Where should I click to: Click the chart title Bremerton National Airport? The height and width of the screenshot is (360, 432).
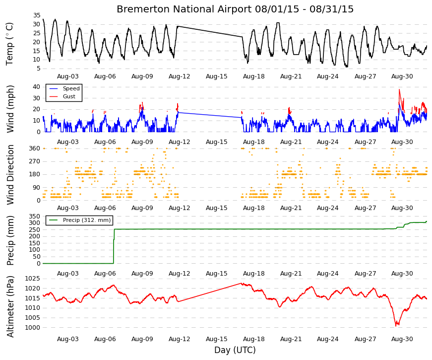tap(184, 9)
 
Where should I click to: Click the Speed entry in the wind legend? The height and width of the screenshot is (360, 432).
tap(71, 88)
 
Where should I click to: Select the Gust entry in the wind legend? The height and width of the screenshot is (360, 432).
tap(69, 96)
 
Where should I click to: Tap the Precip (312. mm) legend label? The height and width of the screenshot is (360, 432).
tap(87, 220)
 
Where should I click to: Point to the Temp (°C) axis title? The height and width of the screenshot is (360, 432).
tap(9, 44)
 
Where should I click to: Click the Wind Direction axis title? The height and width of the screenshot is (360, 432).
tap(10, 175)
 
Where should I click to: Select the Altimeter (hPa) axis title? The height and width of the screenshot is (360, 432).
tap(10, 306)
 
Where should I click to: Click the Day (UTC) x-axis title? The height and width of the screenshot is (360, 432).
tap(235, 350)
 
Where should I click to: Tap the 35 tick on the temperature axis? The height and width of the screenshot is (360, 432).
tap(37, 15)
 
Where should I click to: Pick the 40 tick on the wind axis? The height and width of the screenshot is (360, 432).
tap(37, 87)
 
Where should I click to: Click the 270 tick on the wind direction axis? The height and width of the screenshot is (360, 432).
tap(35, 161)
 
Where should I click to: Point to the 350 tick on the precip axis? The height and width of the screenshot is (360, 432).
tap(35, 216)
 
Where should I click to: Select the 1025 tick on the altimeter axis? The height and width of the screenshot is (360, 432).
tap(33, 279)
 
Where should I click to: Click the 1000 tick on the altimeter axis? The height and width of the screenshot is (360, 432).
tap(33, 328)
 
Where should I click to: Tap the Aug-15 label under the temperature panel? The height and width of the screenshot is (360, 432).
tap(217, 76)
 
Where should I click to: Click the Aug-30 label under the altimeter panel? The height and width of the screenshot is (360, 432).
tap(402, 339)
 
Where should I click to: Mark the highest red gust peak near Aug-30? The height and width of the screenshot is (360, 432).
tap(399, 89)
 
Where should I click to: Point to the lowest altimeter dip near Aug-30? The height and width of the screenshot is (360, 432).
tap(396, 326)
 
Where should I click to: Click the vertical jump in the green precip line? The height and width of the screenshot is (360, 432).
tap(114, 246)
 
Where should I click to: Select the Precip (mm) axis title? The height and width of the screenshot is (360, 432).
tap(10, 240)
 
